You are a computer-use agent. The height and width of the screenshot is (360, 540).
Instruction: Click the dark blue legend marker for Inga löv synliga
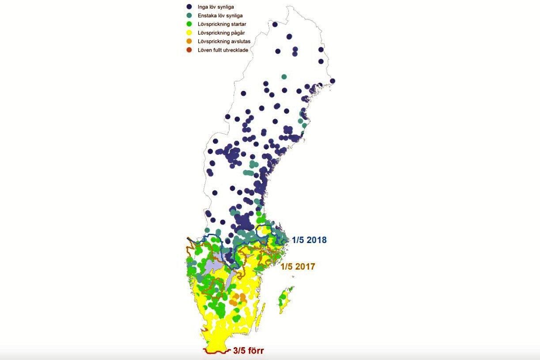(189, 7)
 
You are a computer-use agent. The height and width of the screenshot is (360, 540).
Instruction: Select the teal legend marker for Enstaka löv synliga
(189, 15)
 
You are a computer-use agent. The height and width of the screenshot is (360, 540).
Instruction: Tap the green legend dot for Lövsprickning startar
(189, 24)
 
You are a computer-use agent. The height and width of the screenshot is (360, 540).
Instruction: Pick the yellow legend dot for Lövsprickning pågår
(189, 33)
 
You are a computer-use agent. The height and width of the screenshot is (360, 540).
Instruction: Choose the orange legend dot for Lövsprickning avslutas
(189, 41)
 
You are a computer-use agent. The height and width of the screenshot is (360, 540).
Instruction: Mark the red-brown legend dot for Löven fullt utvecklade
(189, 50)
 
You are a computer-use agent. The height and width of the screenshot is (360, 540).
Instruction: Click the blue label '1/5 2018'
(309, 240)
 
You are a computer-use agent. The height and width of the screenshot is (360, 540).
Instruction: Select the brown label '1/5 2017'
(298, 266)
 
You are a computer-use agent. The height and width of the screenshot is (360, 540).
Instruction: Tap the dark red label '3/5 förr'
(249, 352)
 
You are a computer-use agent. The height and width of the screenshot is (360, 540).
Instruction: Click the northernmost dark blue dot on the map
(275, 25)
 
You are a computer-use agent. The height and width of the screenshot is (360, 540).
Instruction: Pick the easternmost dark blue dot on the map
(332, 81)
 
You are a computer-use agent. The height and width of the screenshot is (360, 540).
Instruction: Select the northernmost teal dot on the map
(284, 77)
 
